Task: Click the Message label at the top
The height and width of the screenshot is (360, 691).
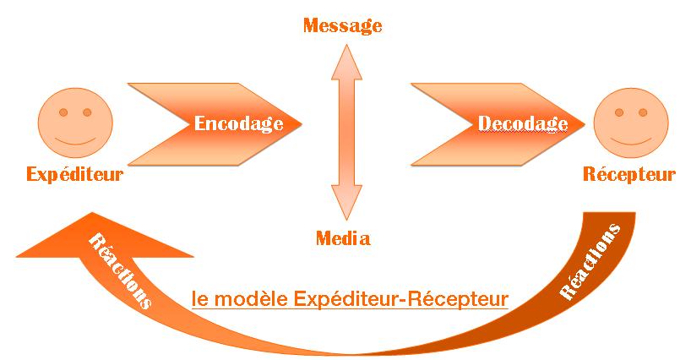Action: pyautogui.click(x=342, y=25)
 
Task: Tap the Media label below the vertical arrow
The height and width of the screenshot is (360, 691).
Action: pyautogui.click(x=342, y=238)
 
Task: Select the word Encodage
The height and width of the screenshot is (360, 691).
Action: pyautogui.click(x=239, y=123)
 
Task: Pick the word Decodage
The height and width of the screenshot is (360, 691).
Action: pyautogui.click(x=523, y=123)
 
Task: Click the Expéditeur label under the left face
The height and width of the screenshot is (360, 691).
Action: pyautogui.click(x=74, y=175)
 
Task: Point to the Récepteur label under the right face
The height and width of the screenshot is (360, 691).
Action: pyautogui.click(x=629, y=175)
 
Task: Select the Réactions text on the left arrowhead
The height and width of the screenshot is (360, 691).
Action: pyautogui.click(x=120, y=270)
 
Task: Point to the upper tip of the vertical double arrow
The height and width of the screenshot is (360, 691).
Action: pyautogui.click(x=343, y=45)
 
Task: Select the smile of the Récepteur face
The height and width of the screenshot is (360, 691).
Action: pyautogui.click(x=629, y=139)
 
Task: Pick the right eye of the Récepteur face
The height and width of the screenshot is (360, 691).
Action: pyautogui.click(x=643, y=112)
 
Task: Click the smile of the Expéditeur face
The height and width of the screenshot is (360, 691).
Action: pyautogui.click(x=73, y=139)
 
